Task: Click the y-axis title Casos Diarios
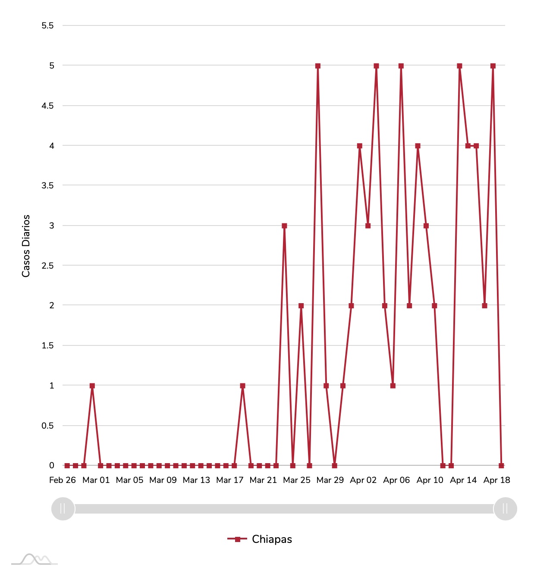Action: pos(26,246)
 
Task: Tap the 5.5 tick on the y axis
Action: pos(47,25)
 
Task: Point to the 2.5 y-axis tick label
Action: pos(47,266)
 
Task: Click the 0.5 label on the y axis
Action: pos(47,426)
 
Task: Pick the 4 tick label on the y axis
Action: pos(52,146)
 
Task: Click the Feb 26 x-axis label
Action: pos(63,480)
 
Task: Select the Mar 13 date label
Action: pos(196,480)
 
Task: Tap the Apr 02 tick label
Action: pos(363,480)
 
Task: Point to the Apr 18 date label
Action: pos(496,480)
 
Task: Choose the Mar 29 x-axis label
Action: pos(330,480)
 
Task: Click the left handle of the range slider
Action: pos(63,509)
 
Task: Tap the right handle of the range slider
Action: pos(505,509)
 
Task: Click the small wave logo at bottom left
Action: pos(35,559)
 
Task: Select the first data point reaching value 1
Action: pos(92,386)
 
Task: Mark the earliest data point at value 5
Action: pos(318,66)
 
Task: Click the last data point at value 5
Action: pos(493,66)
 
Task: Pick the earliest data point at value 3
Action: pos(284,226)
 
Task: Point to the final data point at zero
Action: pos(501,466)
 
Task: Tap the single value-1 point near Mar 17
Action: pos(242,386)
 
